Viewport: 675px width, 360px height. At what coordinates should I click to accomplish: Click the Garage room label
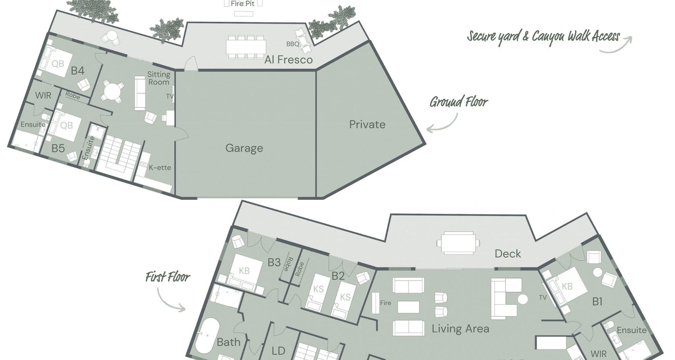pos(244,148)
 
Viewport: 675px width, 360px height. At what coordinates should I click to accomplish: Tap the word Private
pos(367,124)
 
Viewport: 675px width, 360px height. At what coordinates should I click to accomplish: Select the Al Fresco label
pos(289,60)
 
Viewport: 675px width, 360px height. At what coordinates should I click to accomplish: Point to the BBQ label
pos(292,44)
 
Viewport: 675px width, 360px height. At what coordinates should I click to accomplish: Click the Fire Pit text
pos(243,4)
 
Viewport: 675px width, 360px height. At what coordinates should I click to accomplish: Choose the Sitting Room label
pos(159,78)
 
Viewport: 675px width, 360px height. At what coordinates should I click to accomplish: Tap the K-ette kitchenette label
pos(160,168)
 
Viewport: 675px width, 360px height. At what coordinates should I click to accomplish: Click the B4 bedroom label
pos(78,71)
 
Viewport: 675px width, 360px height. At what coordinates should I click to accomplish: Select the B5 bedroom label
pos(58,148)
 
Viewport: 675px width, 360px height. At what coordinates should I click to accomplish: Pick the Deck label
pos(508,254)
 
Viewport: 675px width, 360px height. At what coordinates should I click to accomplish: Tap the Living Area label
pos(461,329)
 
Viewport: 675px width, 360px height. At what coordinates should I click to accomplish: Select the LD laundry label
pos(278,351)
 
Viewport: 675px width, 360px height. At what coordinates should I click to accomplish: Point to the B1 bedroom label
pos(598,301)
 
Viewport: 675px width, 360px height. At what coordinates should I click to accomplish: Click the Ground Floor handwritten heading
pos(459,102)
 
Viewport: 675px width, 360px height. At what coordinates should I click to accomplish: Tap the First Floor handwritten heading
pos(168,277)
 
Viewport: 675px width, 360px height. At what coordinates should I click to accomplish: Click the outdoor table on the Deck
pos(458,243)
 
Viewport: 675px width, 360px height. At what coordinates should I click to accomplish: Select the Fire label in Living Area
pos(386,303)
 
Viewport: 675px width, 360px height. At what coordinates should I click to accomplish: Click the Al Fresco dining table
pos(246,46)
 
